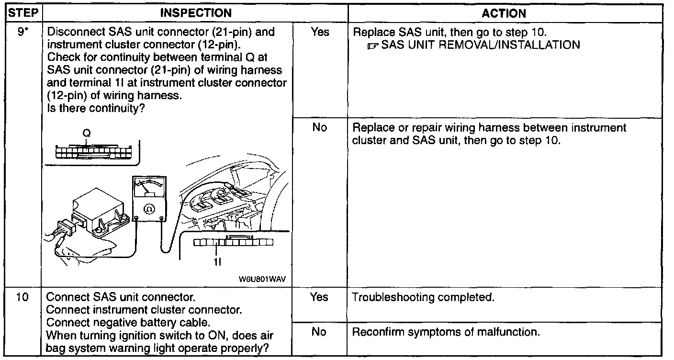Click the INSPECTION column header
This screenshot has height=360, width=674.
tap(195, 13)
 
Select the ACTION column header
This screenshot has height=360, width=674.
tap(505, 13)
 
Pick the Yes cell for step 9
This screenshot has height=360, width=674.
tap(319, 33)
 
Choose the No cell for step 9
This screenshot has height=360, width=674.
tap(319, 128)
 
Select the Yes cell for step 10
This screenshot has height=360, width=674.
tap(319, 297)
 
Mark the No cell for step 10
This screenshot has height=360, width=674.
tap(319, 332)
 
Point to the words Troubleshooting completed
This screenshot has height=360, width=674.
tap(423, 297)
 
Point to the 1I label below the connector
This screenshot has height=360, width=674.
tap(217, 263)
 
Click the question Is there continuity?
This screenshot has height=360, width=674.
tap(96, 108)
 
